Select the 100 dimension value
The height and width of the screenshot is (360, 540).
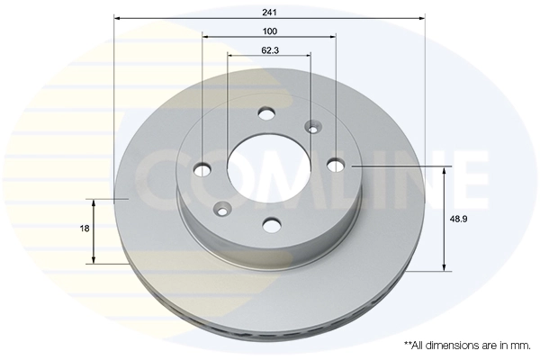(270, 30)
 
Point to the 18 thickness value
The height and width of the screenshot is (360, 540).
(85, 229)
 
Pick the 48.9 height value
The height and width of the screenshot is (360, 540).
(458, 219)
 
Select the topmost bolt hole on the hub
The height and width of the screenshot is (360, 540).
(265, 113)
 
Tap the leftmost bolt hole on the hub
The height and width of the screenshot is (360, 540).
(202, 168)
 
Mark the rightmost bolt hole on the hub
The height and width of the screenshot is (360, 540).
(335, 164)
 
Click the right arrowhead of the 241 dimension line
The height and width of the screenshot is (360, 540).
(420, 18)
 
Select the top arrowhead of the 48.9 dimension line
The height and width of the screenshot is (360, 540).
(445, 171)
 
